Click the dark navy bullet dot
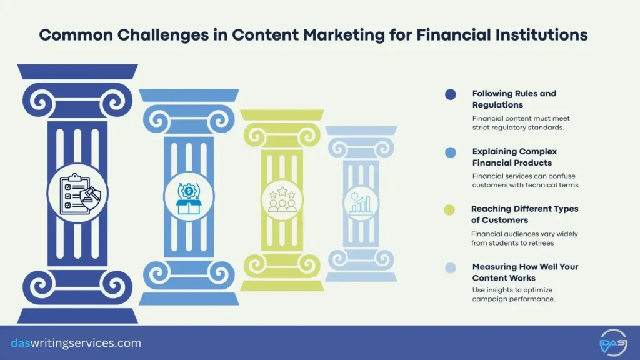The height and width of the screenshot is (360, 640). (451, 94)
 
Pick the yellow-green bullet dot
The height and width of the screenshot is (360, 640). (449, 210)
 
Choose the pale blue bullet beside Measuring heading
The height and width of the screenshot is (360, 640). (451, 268)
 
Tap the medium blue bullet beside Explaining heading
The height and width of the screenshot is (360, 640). (451, 152)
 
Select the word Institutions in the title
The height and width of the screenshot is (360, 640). (541, 34)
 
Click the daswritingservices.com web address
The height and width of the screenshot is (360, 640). (76, 343)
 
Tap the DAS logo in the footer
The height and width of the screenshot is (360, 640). (612, 343)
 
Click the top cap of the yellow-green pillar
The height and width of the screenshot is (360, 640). (282, 115)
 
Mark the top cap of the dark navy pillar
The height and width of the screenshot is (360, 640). (77, 72)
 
